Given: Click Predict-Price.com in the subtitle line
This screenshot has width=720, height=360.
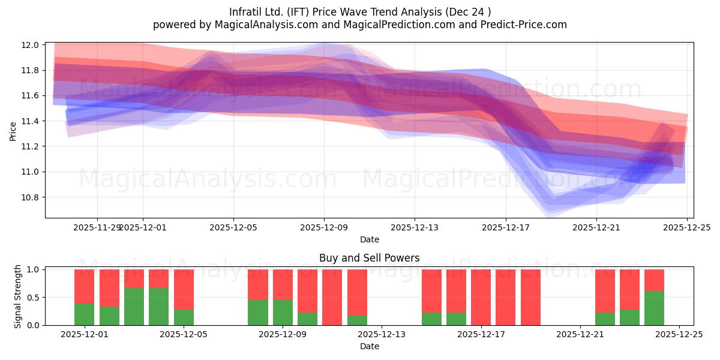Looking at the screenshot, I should [x=522, y=25].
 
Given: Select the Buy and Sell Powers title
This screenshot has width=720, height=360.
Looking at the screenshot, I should [x=369, y=259].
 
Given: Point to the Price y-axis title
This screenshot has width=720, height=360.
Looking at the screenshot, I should [x=13, y=130].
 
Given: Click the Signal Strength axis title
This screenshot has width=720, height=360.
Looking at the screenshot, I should [x=18, y=296].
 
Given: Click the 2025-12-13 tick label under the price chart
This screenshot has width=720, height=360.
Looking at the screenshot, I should [x=415, y=227].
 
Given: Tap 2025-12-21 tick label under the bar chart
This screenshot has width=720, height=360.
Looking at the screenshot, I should [x=580, y=335].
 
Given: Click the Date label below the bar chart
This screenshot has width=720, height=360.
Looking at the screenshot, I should [x=369, y=346].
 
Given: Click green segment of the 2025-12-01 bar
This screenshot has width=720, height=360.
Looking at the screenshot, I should [x=85, y=314].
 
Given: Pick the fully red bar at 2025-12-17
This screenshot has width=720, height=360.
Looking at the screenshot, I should [x=481, y=297].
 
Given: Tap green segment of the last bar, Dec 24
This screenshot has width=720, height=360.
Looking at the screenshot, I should [x=654, y=308].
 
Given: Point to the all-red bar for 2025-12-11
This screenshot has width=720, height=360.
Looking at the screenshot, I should [x=332, y=297].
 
